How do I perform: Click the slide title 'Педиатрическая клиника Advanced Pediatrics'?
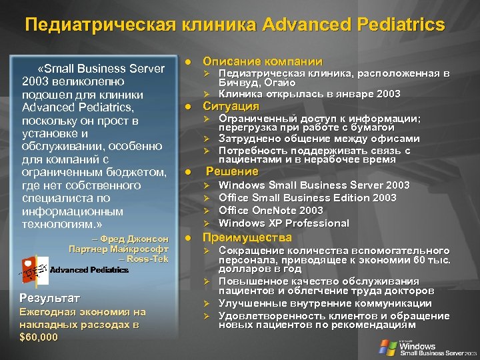tap(235, 25)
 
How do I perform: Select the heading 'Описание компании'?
tap(262, 61)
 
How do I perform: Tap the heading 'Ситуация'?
tap(231, 107)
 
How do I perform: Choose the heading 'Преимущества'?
tap(247, 237)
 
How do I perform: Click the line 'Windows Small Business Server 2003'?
tap(314, 185)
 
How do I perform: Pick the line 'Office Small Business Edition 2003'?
tap(307, 197)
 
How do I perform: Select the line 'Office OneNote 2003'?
tap(271, 210)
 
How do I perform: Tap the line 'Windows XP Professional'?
tap(284, 223)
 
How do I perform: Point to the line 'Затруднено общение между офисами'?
tap(319, 139)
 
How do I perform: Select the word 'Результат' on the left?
tap(49, 297)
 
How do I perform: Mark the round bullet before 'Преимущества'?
tap(188, 238)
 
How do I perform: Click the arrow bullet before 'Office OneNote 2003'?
tap(207, 211)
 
